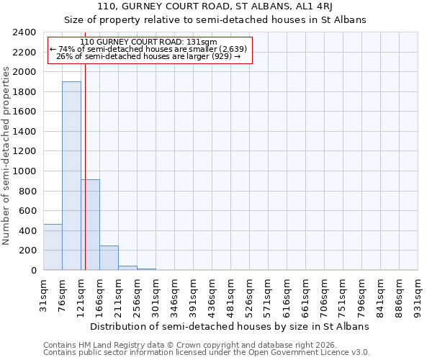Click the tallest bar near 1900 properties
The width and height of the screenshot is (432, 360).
[71, 176]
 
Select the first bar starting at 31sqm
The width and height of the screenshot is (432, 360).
[53, 247]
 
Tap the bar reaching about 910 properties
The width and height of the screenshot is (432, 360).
[90, 225]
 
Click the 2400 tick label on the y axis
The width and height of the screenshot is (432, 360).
[24, 33]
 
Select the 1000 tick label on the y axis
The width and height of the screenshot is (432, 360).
[24, 171]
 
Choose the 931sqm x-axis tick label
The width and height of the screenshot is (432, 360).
[418, 294]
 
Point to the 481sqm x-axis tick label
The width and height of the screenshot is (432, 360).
[231, 294]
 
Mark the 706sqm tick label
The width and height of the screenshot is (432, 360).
[325, 294]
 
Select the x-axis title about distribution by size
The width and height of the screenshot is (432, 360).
[230, 326]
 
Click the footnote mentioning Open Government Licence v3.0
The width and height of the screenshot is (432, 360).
[207, 353]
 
